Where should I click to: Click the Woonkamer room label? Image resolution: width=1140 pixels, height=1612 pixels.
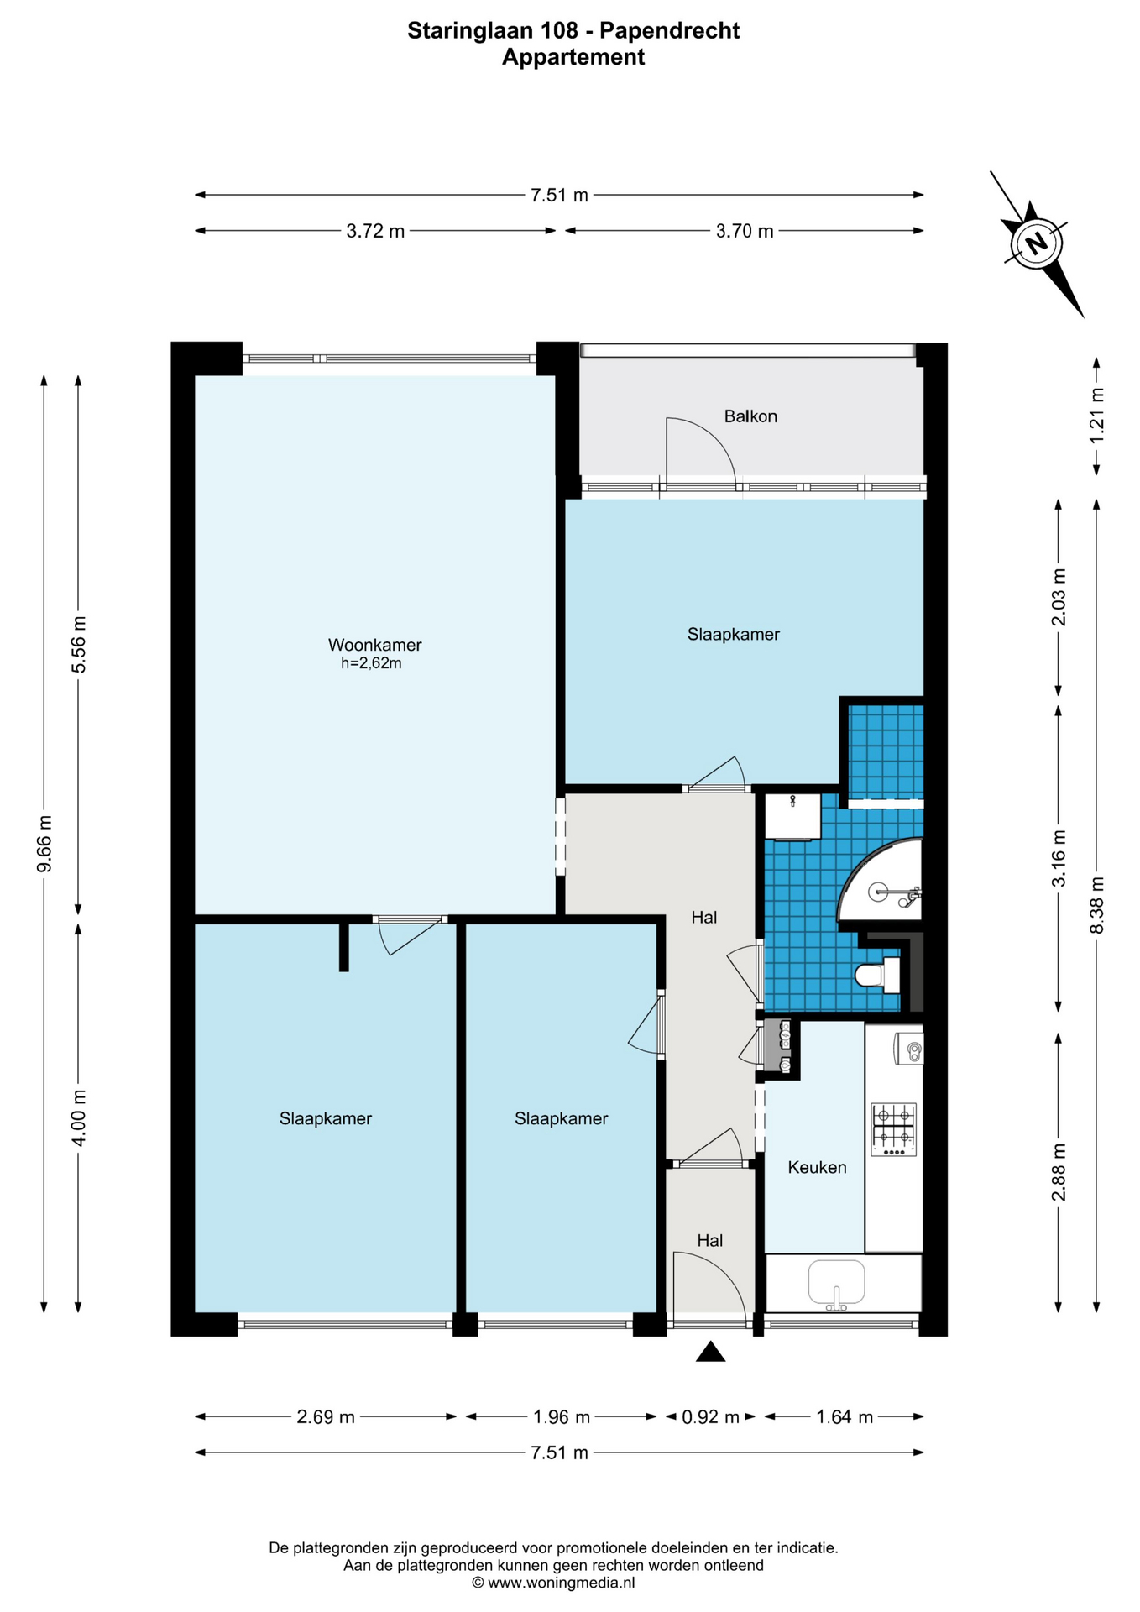point(374,645)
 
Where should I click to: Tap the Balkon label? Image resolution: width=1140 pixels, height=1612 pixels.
point(750,416)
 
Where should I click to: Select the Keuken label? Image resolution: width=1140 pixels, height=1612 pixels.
point(817,1167)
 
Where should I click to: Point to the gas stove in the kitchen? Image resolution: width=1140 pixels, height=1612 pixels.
point(894,1129)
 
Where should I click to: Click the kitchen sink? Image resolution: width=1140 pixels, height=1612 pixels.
point(836,1285)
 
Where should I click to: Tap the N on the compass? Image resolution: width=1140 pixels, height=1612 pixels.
point(1037,243)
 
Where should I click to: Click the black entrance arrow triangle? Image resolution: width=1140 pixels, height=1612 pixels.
point(711,1351)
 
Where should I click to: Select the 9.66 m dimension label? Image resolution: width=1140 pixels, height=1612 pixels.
point(44,844)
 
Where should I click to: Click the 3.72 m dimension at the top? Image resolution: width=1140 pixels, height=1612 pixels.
point(375,231)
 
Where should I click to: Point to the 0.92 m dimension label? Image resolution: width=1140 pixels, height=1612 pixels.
point(710,1417)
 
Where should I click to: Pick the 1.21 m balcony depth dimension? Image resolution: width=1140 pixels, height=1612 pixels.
point(1096,416)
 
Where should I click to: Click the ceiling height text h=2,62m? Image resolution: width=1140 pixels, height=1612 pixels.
point(371,663)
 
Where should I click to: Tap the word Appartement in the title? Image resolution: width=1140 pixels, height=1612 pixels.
point(573,57)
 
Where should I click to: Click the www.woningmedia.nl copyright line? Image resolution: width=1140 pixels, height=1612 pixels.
point(553,1583)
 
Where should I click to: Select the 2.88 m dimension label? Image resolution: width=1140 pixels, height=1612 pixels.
point(1059,1172)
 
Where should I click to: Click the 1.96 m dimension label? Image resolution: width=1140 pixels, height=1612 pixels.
point(562,1417)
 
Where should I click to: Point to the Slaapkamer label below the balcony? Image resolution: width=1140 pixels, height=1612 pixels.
point(734,635)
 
